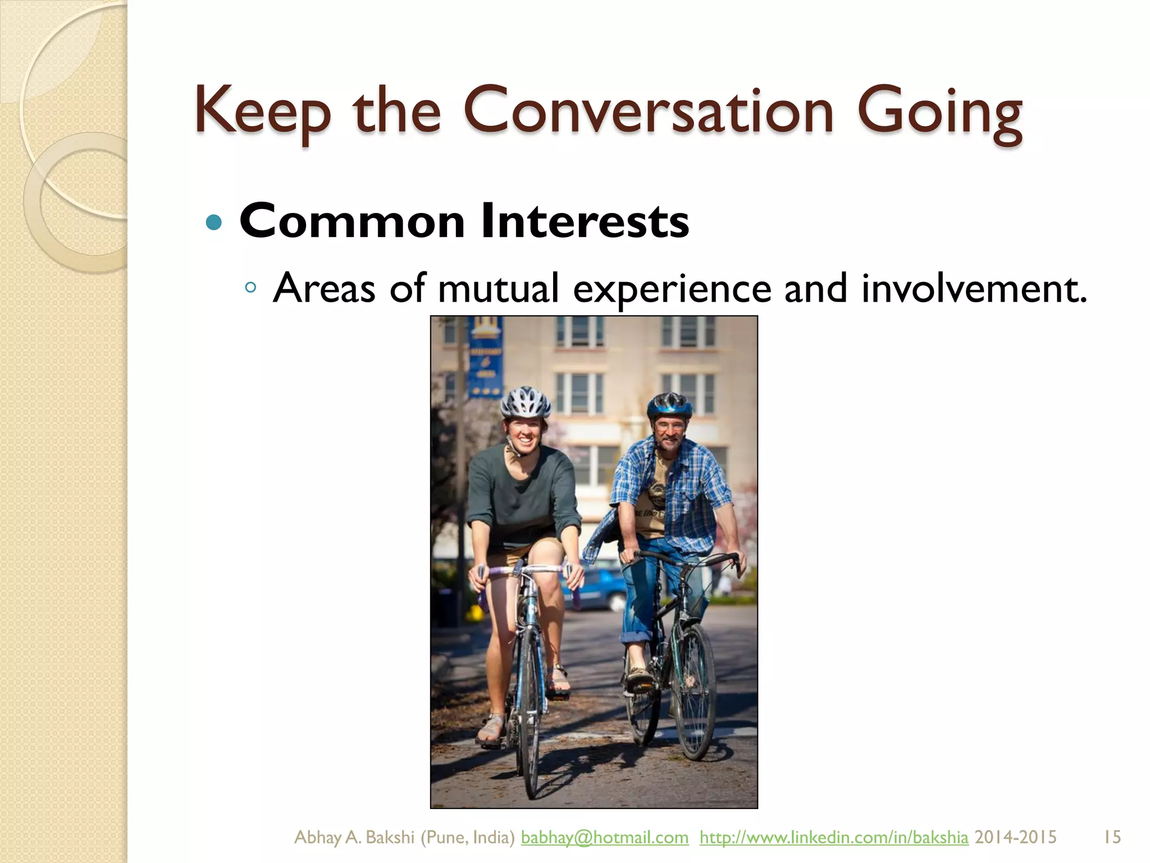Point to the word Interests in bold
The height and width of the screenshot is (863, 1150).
[585, 221]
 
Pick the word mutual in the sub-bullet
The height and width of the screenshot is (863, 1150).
[499, 288]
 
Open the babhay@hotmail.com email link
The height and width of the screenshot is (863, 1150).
[604, 837]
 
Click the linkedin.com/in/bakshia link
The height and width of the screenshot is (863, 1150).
[834, 837]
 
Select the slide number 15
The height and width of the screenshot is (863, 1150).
[1112, 837]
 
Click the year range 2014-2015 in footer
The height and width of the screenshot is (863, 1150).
[1015, 837]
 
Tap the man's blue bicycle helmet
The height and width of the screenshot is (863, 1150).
[669, 405]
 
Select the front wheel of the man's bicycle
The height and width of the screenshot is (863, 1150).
[695, 691]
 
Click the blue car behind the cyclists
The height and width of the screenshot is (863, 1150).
[601, 590]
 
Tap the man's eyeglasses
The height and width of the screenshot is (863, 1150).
[670, 428]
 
